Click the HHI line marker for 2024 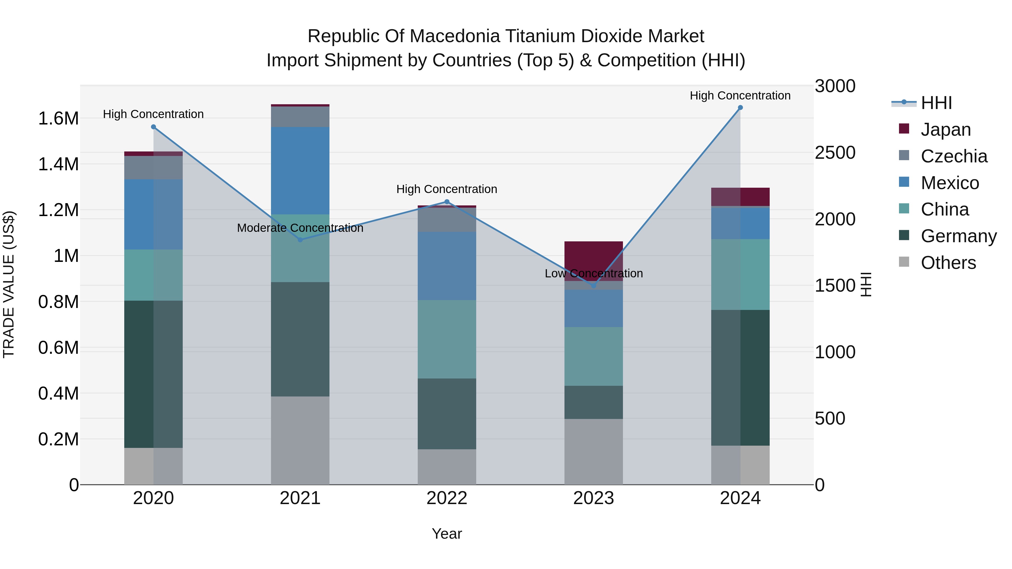point(740,108)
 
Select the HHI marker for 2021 point(300,239)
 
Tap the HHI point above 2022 point(447,202)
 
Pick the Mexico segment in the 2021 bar point(300,171)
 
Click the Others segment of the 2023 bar point(594,452)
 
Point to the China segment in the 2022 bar point(447,339)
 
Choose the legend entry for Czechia point(954,156)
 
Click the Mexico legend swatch point(904,182)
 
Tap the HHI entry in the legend point(936,103)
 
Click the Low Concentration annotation point(594,273)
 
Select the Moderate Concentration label point(300,228)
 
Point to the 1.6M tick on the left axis point(58,119)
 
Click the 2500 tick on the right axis point(835,153)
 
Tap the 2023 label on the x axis point(594,498)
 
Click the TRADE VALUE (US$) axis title point(9,284)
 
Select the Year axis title point(447,534)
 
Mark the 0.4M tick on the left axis point(58,393)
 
